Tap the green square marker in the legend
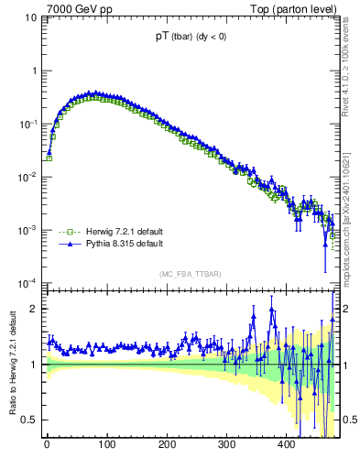[x=67, y=233]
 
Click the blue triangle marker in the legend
[x=67, y=245]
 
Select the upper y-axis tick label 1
[x=34, y=71]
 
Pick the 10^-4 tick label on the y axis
[x=28, y=283]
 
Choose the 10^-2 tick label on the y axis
[x=28, y=177]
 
